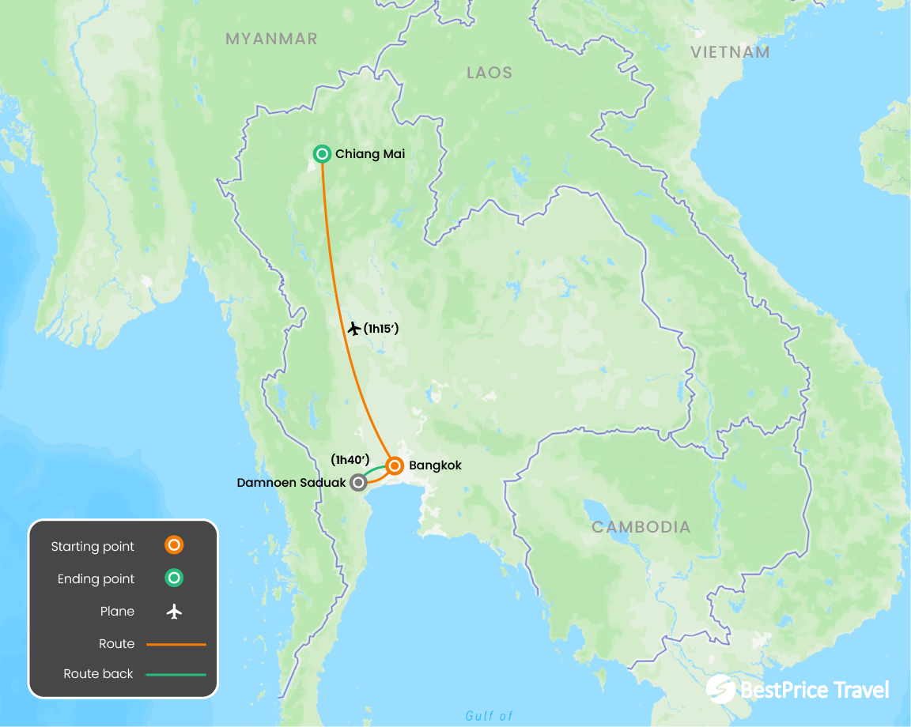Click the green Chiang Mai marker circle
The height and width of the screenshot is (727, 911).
click(x=322, y=154)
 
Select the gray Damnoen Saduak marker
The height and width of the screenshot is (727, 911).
click(x=359, y=481)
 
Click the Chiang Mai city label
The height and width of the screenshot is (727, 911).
click(x=369, y=154)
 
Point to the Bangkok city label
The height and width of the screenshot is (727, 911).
click(x=435, y=465)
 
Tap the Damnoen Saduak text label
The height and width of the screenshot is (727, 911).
click(x=291, y=481)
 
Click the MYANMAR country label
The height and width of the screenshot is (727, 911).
click(x=271, y=39)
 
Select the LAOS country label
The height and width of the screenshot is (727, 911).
click(x=490, y=73)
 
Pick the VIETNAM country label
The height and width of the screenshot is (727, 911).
click(x=730, y=52)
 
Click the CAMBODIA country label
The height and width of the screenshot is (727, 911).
click(x=641, y=527)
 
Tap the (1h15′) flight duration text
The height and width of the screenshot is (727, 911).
click(x=380, y=328)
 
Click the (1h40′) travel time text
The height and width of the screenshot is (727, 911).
click(x=350, y=459)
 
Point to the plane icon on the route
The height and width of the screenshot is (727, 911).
click(x=353, y=328)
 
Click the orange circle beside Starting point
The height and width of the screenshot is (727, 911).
click(x=174, y=545)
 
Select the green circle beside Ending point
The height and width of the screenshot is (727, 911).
click(x=174, y=578)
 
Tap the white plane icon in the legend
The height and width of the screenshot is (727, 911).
click(x=174, y=611)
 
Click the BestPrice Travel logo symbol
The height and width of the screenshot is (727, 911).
click(x=720, y=689)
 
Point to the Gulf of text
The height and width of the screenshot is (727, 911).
click(x=489, y=716)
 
